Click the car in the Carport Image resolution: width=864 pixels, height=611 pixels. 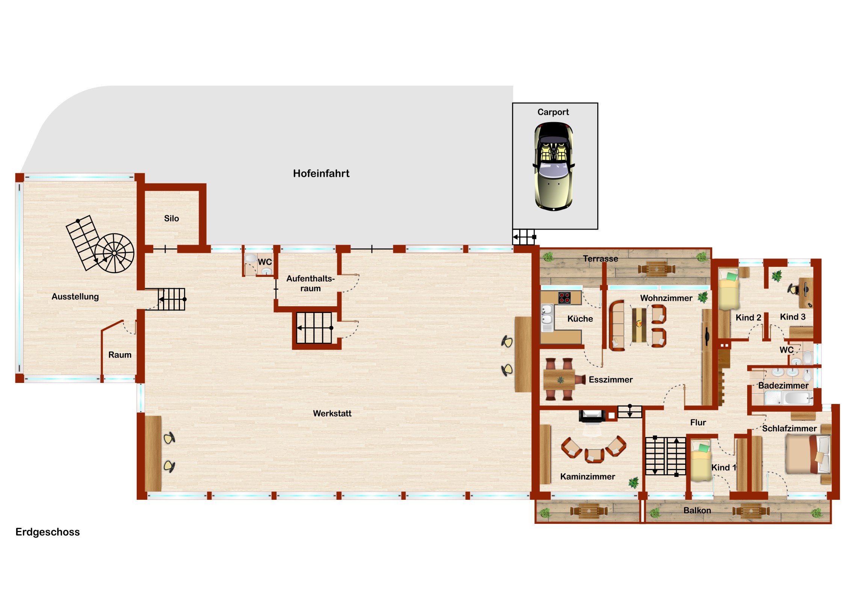[554, 166]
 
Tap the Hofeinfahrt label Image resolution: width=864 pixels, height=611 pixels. [321, 174]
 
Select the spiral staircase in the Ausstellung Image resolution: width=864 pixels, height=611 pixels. [114, 253]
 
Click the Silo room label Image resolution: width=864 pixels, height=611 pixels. [172, 218]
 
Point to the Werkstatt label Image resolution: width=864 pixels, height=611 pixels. [332, 413]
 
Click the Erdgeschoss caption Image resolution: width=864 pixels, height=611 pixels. [48, 532]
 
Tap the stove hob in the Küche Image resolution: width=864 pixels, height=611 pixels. [564, 298]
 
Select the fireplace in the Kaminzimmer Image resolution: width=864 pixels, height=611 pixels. [592, 416]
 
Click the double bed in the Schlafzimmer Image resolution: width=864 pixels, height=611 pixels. [808, 454]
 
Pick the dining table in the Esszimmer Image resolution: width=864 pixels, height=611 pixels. [559, 380]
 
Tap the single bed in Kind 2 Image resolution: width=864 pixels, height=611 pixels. [728, 289]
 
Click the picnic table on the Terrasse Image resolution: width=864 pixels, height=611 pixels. [656, 269]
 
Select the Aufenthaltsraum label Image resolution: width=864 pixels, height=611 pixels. [310, 283]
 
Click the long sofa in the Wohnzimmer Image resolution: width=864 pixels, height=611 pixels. [617, 326]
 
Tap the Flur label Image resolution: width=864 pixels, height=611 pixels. [698, 423]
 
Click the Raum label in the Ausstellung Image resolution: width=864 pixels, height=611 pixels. [120, 355]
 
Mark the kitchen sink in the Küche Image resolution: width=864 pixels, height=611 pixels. [547, 315]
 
